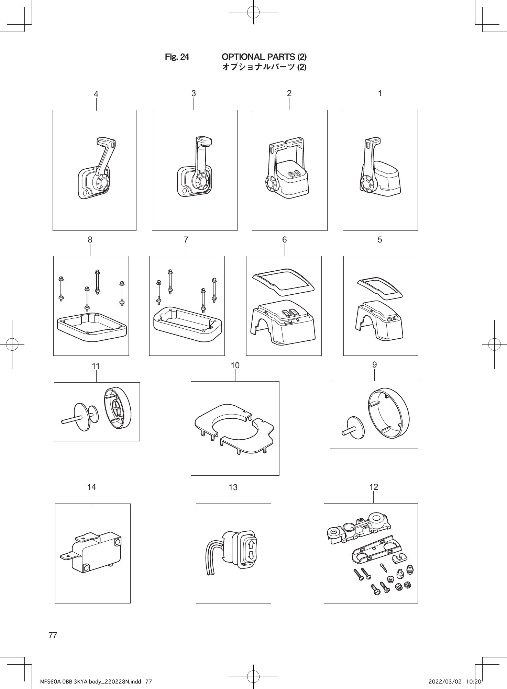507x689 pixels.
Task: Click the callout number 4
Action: coord(96,94)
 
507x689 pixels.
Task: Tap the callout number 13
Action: coord(233,487)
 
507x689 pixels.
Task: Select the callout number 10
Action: coord(235,365)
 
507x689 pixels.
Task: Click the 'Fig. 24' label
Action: coord(177,57)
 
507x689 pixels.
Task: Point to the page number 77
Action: coord(53,635)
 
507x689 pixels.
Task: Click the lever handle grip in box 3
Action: coord(204,142)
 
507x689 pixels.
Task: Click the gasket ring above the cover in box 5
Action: coord(380,287)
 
